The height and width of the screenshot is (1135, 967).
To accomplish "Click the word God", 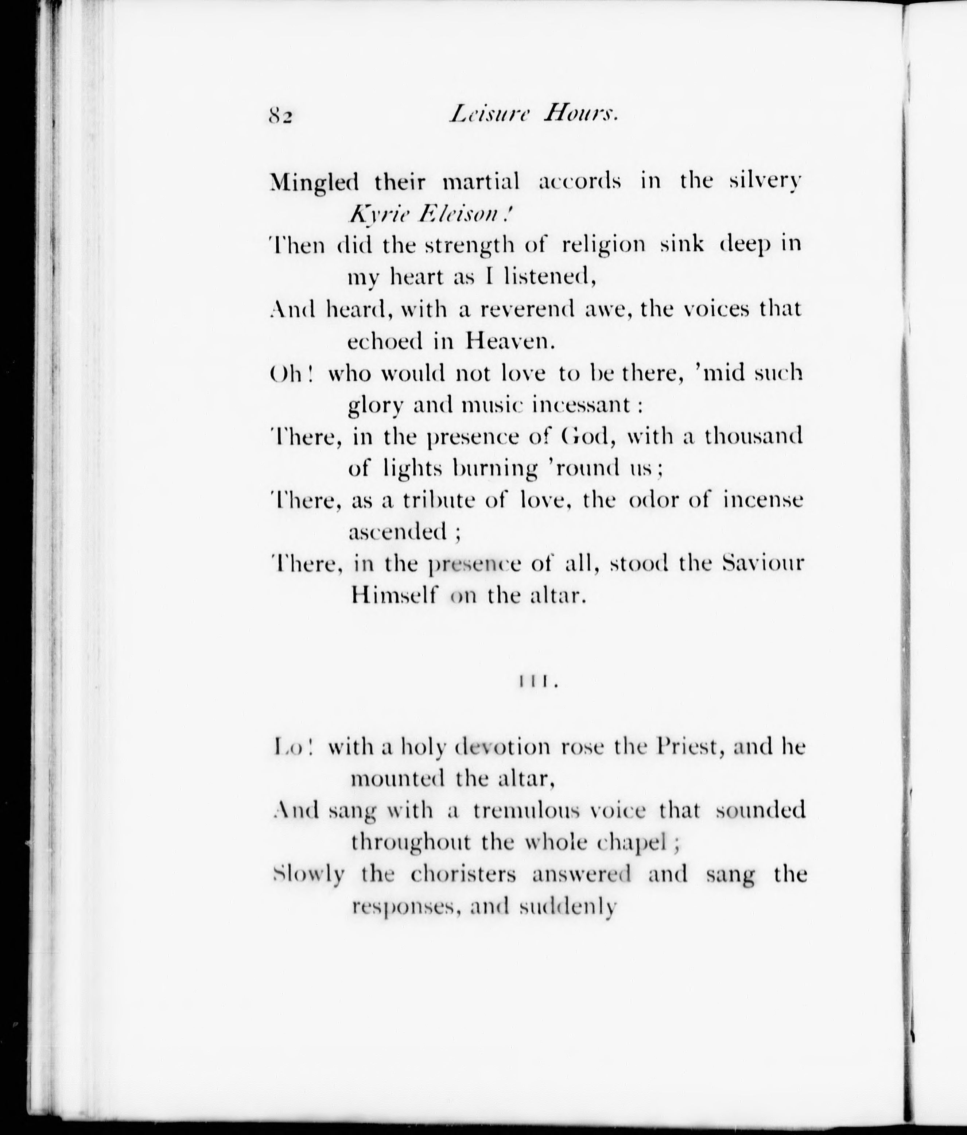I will point(585,437).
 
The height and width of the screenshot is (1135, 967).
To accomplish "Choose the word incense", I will point(763,500).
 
